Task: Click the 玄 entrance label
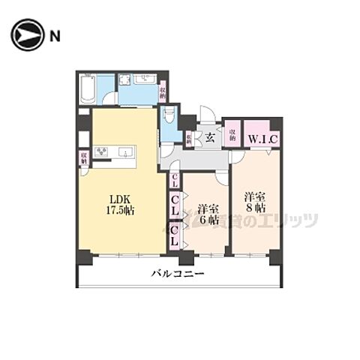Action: click(x=211, y=136)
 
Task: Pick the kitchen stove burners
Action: click(x=101, y=152)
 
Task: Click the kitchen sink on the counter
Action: click(x=127, y=152)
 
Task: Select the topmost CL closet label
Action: click(x=174, y=180)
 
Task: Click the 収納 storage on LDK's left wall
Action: click(x=84, y=158)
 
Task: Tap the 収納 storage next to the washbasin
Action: click(x=163, y=91)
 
